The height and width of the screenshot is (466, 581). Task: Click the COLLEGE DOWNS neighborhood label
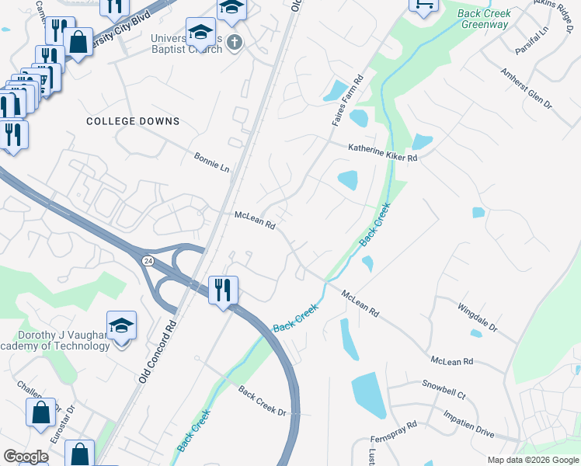click(x=133, y=121)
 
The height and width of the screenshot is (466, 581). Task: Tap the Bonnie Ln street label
click(x=212, y=162)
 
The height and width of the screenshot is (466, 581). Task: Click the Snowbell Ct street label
click(x=444, y=389)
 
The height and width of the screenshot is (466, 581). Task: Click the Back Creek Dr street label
click(x=263, y=400)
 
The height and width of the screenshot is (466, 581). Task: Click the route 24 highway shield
click(x=148, y=261)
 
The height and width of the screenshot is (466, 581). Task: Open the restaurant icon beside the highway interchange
click(x=224, y=290)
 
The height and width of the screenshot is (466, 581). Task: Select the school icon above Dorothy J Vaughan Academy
click(x=121, y=325)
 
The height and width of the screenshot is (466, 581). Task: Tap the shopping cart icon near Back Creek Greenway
click(x=423, y=5)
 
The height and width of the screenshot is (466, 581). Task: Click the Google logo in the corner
click(x=25, y=457)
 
